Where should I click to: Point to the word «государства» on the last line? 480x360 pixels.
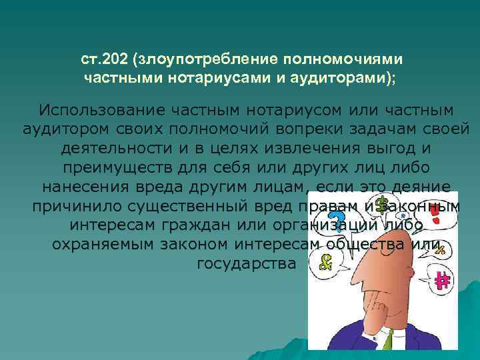pos(246,263)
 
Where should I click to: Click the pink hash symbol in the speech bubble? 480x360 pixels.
pos(440,280)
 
